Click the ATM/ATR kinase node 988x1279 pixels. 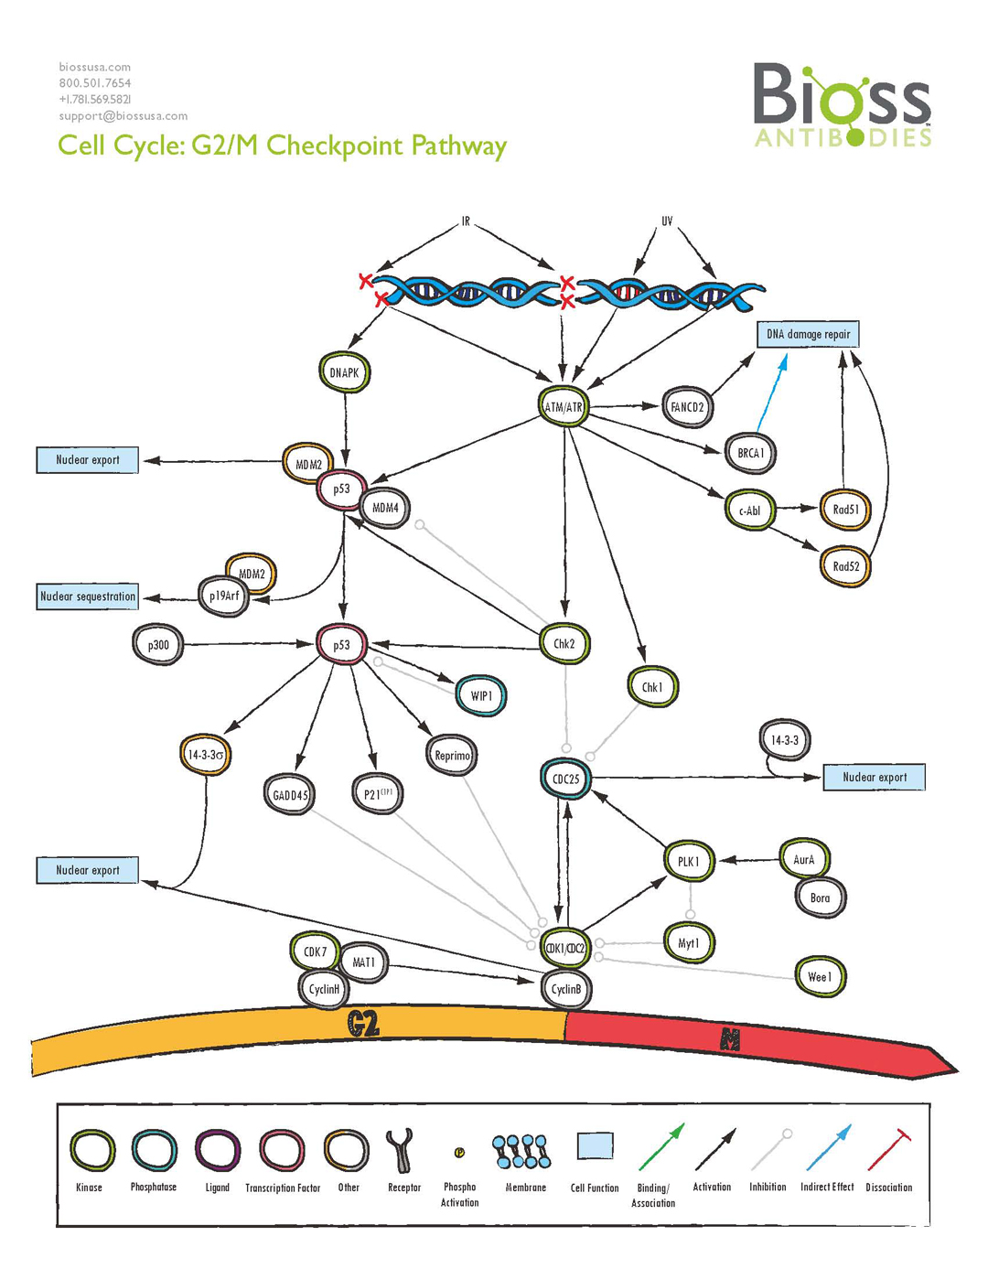point(564,406)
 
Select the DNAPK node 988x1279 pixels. point(345,372)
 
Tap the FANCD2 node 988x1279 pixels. point(687,407)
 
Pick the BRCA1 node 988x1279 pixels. point(750,453)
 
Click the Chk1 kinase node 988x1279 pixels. point(652,687)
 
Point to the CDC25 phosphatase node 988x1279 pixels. point(566,779)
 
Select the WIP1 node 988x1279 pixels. point(481,695)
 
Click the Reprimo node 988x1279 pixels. point(452,756)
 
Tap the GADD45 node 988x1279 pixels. point(290,795)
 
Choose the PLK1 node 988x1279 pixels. point(688,861)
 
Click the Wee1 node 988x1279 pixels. point(820,977)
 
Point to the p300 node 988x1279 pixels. point(158,645)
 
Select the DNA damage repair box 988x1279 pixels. point(808,334)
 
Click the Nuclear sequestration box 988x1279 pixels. point(88,597)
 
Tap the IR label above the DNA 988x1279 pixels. point(466,221)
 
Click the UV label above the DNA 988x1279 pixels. point(667,221)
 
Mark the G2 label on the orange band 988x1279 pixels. point(363,1024)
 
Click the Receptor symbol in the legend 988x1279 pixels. point(401,1150)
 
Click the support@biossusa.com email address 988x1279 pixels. point(123,116)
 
